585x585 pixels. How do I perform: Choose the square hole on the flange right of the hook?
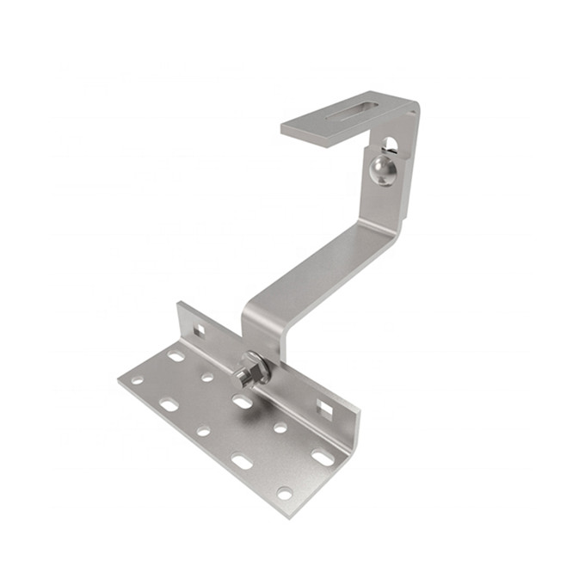324,407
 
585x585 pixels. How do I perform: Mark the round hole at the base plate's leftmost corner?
138,380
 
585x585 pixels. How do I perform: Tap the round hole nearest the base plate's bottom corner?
285,493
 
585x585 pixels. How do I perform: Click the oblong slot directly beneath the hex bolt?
243,402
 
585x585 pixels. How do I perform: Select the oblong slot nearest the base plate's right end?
322,457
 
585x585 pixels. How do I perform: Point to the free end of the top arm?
289,129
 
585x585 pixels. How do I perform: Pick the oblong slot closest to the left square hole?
176,356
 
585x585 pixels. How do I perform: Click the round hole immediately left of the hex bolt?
207,377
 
